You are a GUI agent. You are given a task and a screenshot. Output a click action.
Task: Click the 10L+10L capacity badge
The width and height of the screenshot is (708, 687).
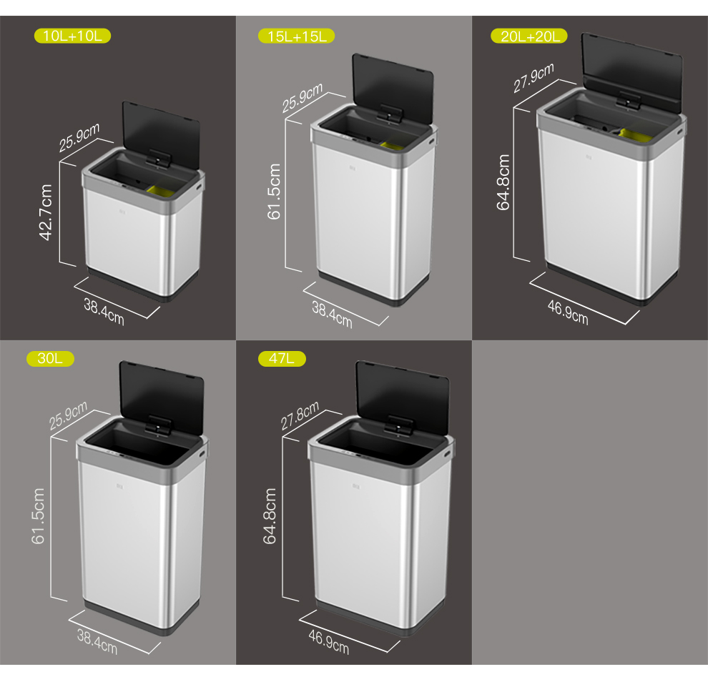point(72,36)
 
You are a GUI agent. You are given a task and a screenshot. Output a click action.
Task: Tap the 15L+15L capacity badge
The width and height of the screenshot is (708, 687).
point(296,36)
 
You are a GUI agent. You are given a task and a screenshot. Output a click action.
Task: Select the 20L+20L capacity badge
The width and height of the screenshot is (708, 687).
point(529,36)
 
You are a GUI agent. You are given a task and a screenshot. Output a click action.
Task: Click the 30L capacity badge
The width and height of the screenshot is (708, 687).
point(50,358)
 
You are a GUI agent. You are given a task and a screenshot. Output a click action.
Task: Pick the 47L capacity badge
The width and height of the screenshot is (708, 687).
point(282,358)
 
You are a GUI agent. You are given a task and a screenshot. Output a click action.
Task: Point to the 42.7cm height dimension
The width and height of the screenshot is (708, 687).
point(46,212)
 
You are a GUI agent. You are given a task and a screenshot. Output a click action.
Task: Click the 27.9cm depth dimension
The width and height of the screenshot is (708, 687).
point(534,78)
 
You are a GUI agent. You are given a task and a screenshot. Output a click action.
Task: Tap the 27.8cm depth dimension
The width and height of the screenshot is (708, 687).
point(300,415)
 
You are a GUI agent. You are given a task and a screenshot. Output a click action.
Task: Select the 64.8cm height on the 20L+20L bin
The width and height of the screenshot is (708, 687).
point(503,182)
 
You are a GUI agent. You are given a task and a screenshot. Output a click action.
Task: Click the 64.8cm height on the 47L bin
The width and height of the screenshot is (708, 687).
point(270,516)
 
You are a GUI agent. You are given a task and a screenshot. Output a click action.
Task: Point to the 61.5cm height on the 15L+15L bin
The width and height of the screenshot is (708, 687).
point(274,192)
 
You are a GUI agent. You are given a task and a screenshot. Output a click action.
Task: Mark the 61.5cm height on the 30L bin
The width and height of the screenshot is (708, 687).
point(38,516)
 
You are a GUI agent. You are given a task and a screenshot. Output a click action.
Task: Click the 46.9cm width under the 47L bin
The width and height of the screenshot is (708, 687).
point(329,642)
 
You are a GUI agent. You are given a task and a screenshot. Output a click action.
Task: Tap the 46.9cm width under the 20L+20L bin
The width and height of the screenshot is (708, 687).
point(568,312)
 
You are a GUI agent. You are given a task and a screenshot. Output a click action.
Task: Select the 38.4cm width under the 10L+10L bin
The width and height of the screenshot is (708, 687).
point(104,312)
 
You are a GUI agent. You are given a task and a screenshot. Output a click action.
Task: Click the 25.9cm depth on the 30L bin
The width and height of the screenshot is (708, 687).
point(68,416)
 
